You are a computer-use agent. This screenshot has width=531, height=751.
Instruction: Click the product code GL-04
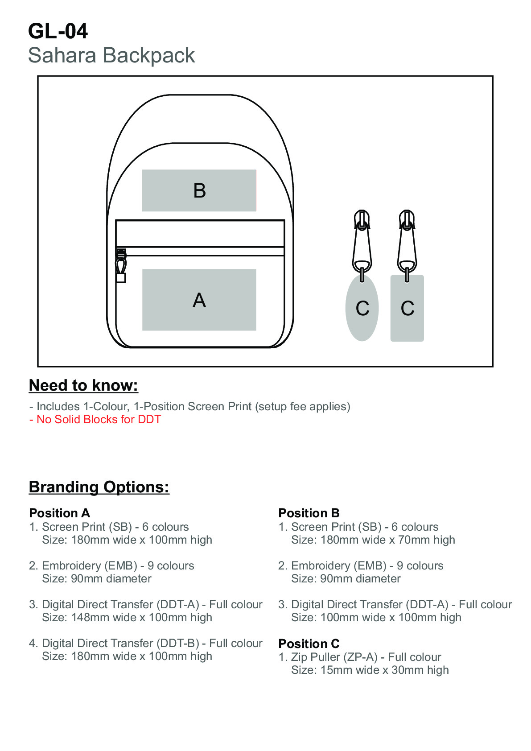pos(58,31)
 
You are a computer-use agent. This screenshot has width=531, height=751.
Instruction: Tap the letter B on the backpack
pos(199,191)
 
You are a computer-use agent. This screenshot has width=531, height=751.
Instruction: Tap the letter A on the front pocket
pos(199,300)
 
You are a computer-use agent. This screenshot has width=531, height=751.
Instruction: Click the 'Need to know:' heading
pos(83,385)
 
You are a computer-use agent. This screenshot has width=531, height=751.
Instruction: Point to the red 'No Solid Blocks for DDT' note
pos(95,419)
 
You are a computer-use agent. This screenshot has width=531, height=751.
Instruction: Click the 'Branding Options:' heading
pos(99,487)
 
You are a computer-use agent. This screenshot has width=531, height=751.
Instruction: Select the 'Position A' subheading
pos(59,513)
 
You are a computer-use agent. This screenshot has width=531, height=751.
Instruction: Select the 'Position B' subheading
pos(309,513)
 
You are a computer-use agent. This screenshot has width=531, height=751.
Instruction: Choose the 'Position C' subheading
pos(309,644)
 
